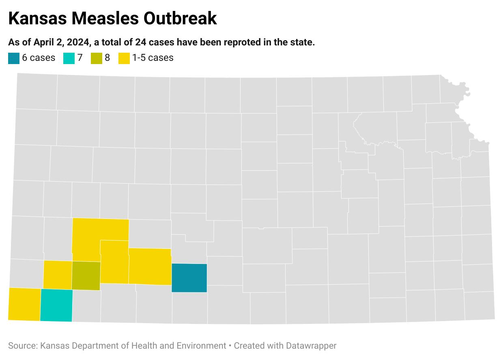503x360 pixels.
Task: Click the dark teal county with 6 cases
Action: click(189, 278)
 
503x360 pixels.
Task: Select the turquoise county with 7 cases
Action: click(56, 305)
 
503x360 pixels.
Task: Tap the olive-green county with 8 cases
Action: click(86, 276)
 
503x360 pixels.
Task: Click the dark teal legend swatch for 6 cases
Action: click(13, 58)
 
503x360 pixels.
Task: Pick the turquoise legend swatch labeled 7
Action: click(69, 58)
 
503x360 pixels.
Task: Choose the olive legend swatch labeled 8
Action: click(96, 58)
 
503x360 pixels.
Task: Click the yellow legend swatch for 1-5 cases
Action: click(124, 58)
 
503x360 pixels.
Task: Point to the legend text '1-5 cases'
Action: click(153, 58)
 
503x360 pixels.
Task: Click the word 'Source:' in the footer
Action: click(23, 346)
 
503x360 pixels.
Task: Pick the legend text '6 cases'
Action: click(39, 58)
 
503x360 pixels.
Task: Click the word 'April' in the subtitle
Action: click(45, 43)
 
